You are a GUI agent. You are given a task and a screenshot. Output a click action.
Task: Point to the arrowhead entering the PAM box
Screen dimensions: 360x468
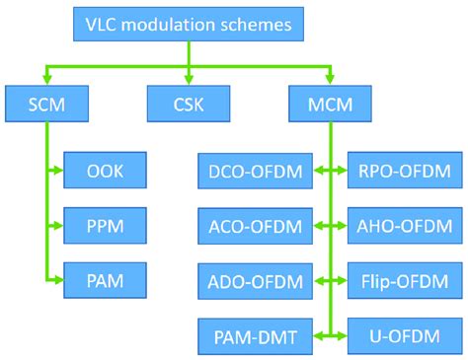click(x=58, y=279)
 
